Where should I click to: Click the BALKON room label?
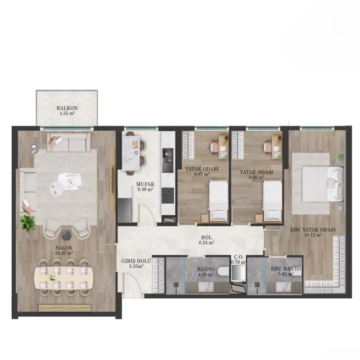pyautogui.click(x=67, y=108)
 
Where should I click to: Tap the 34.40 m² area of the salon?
pyautogui.click(x=64, y=253)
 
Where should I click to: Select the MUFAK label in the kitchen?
pyautogui.click(x=145, y=184)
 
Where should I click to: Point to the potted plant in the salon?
pyautogui.click(x=28, y=224)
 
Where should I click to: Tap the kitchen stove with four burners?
pyautogui.click(x=167, y=196)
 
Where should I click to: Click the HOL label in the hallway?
pyautogui.click(x=207, y=238)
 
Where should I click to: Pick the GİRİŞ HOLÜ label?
pyautogui.click(x=136, y=261)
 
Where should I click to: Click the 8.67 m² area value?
pyautogui.click(x=202, y=174)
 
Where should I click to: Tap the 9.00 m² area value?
pyautogui.click(x=256, y=177)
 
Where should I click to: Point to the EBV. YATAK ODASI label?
pyautogui.click(x=313, y=229)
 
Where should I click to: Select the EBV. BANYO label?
pyautogui.click(x=286, y=269)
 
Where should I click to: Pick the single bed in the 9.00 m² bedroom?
pyautogui.click(x=272, y=202)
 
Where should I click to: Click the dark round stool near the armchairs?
pyautogui.click(x=67, y=234)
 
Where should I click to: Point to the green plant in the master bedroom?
pyautogui.click(x=340, y=157)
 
